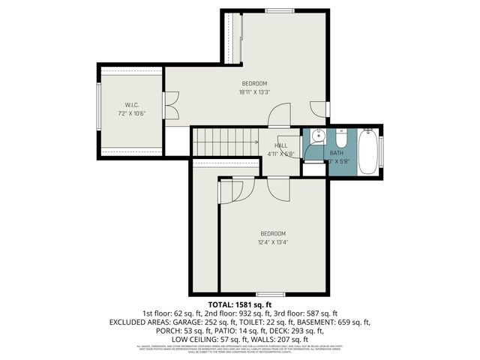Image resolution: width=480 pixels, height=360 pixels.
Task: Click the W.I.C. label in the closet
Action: coord(132,105)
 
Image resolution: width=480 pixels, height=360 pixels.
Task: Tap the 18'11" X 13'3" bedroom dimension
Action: coord(254,92)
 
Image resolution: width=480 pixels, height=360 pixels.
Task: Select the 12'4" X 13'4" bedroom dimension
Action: coord(274,241)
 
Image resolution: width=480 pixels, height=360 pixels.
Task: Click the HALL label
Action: coord(281,145)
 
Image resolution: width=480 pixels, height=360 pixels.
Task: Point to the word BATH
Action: coord(336,152)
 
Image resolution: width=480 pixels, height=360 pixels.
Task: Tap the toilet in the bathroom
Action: coord(340,140)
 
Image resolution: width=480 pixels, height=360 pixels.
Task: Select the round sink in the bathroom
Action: coord(317,137)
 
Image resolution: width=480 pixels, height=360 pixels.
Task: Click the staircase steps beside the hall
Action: coord(225,140)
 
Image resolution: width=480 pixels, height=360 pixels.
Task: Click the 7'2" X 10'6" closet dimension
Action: coord(132,114)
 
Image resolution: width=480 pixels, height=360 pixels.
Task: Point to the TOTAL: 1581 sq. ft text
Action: coord(239,304)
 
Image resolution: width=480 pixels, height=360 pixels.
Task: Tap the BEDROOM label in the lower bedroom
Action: coord(274,233)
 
